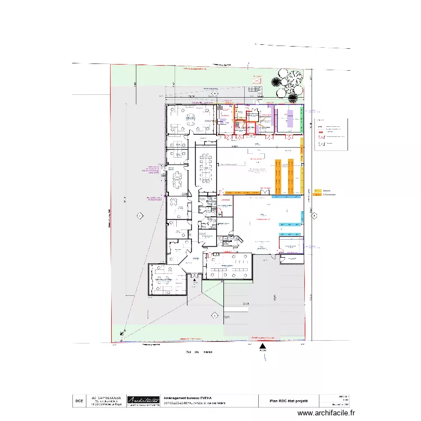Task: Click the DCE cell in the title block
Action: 79,401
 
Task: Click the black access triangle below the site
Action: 262,346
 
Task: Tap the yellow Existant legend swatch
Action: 317,191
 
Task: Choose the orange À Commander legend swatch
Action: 317,195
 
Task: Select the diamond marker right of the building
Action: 315,214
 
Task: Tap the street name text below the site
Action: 199,352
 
